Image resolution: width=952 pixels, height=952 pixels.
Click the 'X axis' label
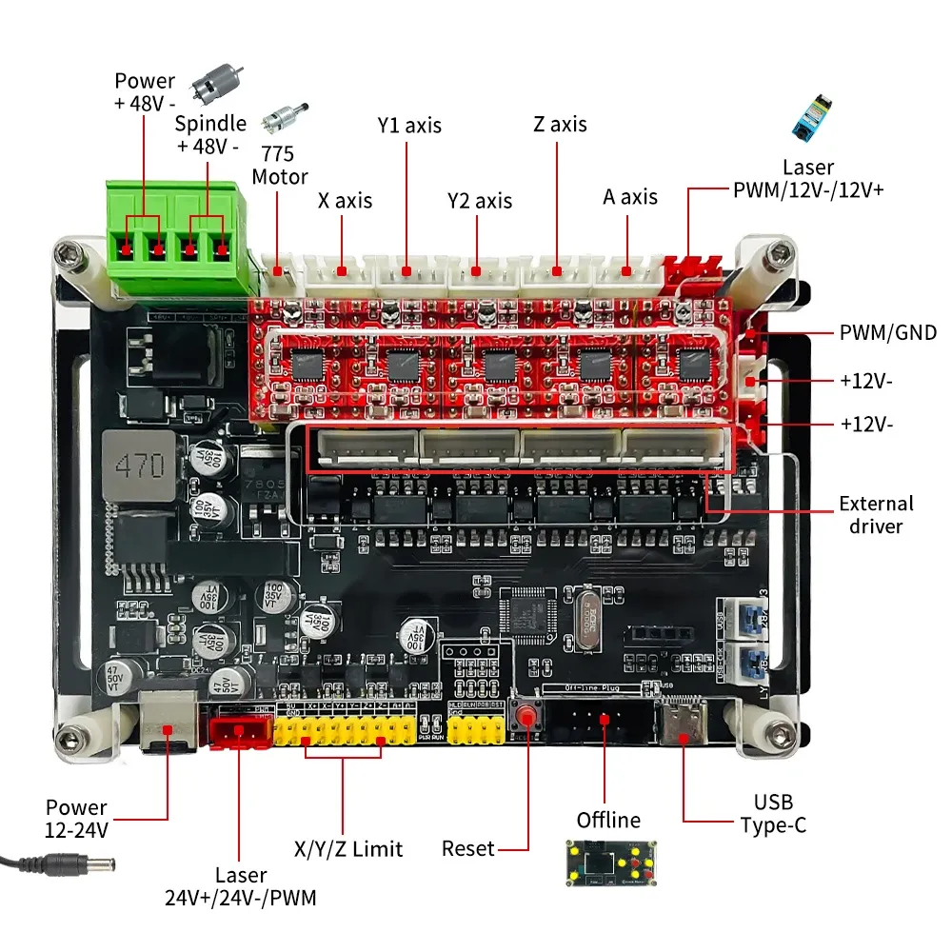click(x=345, y=201)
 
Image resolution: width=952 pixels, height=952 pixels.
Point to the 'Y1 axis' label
click(x=409, y=125)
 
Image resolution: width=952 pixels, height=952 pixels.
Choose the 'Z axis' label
click(x=560, y=125)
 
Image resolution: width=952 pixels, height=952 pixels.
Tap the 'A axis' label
click(x=630, y=197)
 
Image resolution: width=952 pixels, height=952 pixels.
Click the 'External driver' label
click(x=875, y=514)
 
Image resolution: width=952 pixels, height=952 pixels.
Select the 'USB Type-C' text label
click(x=773, y=814)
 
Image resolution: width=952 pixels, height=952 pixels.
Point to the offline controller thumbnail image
click(x=606, y=865)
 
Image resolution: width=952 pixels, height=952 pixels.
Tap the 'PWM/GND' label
click(x=887, y=332)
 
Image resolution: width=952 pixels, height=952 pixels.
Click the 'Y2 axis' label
click(x=480, y=201)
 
